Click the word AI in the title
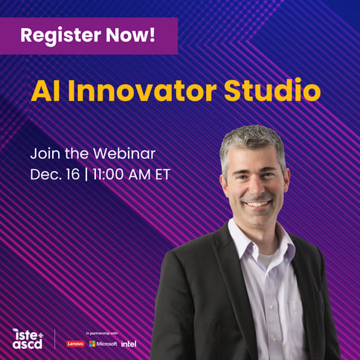[44, 91]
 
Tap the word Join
[44, 154]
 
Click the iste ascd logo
[28, 338]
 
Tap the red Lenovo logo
[76, 344]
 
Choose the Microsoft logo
[103, 344]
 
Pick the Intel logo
[129, 344]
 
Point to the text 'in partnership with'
[102, 333]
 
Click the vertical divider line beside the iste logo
[55, 338]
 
